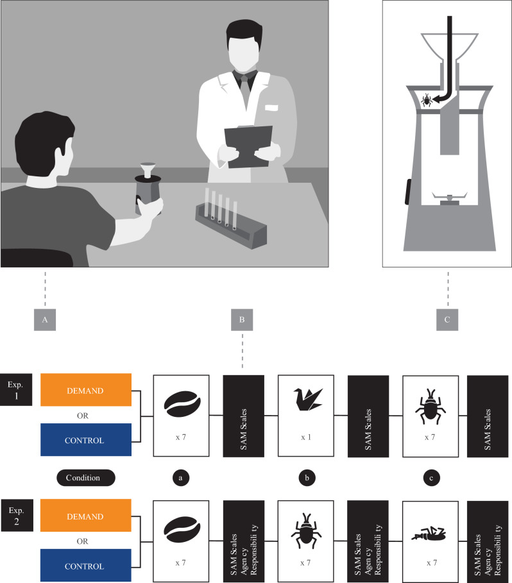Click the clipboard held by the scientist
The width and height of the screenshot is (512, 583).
[248, 146]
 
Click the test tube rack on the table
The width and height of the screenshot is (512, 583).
[231, 223]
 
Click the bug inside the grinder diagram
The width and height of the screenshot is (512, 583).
[426, 101]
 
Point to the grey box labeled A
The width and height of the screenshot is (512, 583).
[45, 320]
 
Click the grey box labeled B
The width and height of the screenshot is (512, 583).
[242, 320]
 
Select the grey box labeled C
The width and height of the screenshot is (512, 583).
[447, 320]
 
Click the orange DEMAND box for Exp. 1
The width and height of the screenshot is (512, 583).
[86, 390]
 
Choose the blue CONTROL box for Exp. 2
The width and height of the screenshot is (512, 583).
[86, 565]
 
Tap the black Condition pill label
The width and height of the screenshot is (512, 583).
[86, 478]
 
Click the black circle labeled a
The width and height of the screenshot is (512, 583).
[181, 478]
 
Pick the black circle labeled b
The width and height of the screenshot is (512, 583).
[307, 478]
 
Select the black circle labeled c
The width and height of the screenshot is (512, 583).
[432, 478]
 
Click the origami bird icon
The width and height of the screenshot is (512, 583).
[308, 400]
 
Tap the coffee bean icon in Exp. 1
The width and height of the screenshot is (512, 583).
[182, 404]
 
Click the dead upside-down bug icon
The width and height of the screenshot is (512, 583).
[429, 534]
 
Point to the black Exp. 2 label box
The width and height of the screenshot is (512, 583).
[17, 515]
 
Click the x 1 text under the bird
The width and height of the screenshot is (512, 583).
[306, 437]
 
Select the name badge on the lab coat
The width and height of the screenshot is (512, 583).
[271, 108]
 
